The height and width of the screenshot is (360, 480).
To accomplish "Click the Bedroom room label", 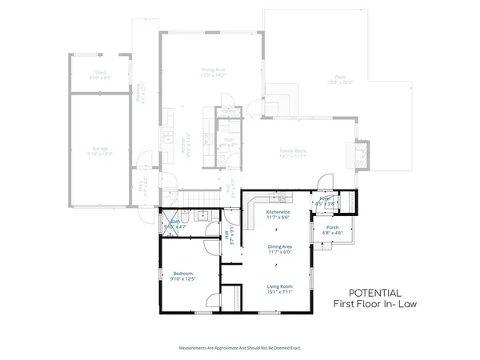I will (183, 273).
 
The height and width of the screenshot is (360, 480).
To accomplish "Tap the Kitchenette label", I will (279, 212).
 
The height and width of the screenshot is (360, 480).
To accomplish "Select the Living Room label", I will (279, 286).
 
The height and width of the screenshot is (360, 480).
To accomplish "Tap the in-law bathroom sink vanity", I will (202, 215).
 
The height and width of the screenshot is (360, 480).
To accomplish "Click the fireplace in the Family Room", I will (362, 153).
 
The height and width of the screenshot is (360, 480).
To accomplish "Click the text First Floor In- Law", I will (375, 305).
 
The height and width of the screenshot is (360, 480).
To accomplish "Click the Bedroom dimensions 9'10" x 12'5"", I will (183, 278).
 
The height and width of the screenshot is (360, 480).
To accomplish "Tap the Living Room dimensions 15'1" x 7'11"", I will (279, 291).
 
